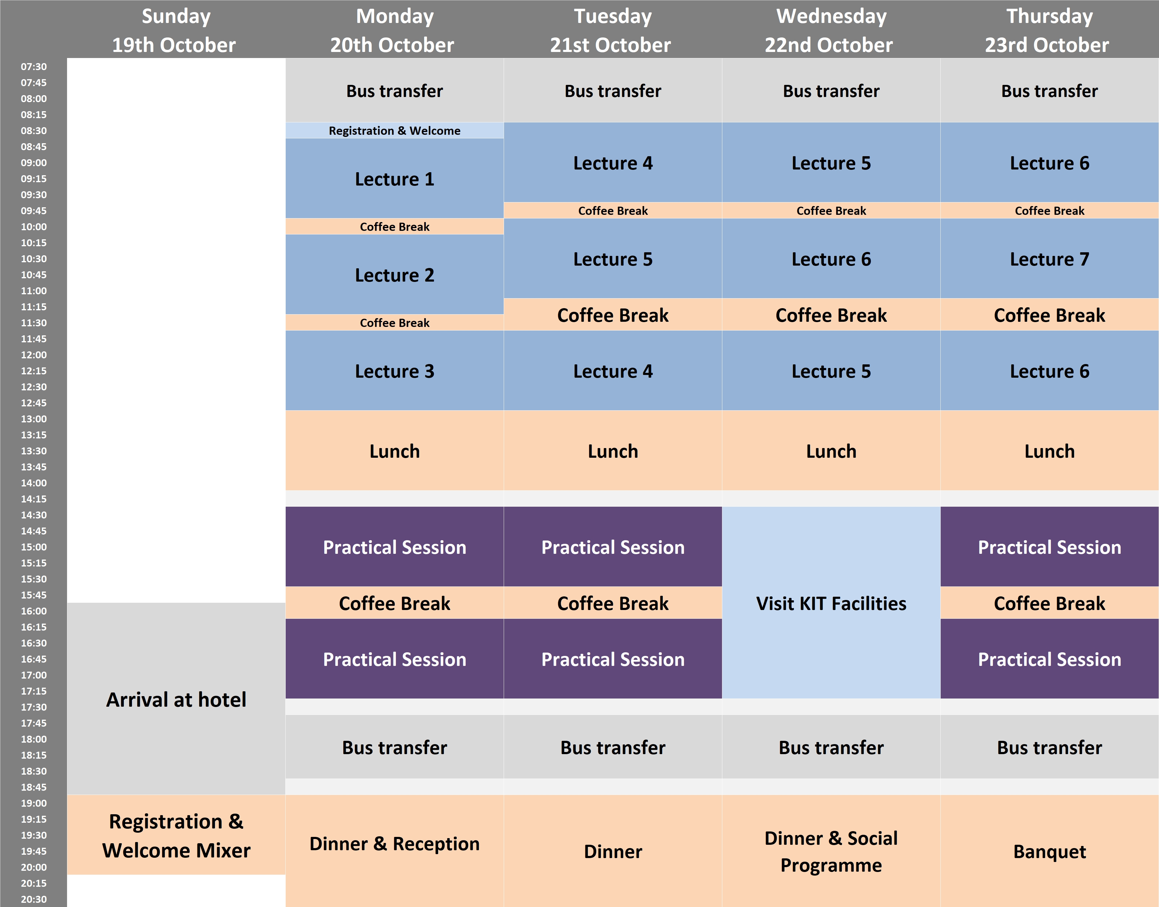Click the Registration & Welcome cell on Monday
coord(394,131)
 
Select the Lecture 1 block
coord(394,179)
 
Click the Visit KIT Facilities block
coord(831,603)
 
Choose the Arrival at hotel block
coord(176,699)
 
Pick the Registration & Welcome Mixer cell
coord(176,835)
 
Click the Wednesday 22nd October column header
coord(831,30)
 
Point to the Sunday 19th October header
coord(176,30)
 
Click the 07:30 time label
coord(34,66)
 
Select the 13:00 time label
coord(34,418)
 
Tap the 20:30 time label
coord(34,899)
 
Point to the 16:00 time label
coord(34,611)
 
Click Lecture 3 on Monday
coord(394,371)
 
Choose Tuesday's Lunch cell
coord(613,451)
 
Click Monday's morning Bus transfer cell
coord(394,90)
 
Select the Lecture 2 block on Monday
coord(394,275)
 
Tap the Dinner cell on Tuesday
coord(613,851)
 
